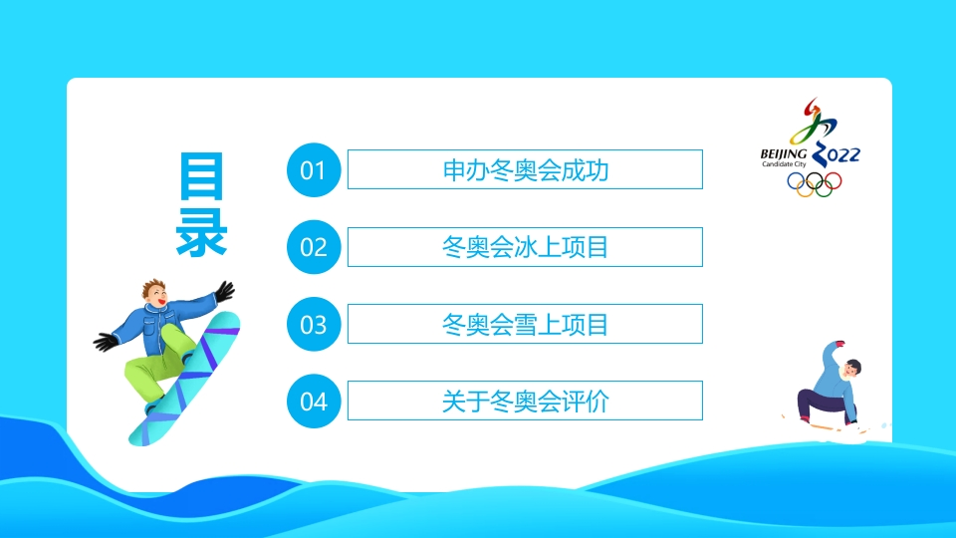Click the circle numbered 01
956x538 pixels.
314,169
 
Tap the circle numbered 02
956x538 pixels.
314,247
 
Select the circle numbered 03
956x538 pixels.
314,324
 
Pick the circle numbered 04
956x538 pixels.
314,401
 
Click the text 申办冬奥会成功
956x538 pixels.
526,170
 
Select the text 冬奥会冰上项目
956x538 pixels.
526,247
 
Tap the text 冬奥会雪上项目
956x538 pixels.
526,324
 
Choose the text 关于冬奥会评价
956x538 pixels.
526,402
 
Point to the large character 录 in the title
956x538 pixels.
201,232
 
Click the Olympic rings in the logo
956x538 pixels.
814,184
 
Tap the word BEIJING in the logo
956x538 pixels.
783,154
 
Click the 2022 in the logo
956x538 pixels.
836,155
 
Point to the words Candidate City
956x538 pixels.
784,164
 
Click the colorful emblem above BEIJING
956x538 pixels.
813,121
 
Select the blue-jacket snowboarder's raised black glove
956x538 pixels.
224,291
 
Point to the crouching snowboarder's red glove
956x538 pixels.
839,344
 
